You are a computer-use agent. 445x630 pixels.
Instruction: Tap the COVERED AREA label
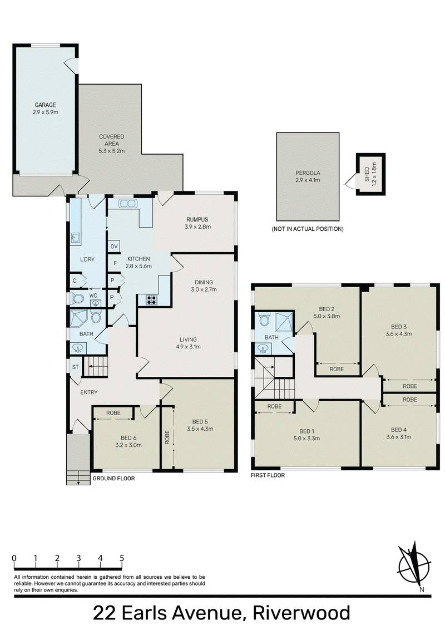[x=111, y=137]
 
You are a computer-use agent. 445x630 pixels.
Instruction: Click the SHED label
[x=367, y=176]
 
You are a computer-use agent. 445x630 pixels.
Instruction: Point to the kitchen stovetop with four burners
[x=151, y=301]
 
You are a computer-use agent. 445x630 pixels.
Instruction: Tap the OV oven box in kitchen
[x=114, y=247]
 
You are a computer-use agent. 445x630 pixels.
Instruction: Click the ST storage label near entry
[x=76, y=367]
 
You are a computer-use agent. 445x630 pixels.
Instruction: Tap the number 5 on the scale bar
[x=121, y=558]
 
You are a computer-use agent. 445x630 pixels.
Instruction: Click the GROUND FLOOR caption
[x=113, y=478]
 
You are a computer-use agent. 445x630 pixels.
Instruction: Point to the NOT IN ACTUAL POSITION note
[x=308, y=229]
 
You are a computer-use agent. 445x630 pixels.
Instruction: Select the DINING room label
[x=203, y=282]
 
